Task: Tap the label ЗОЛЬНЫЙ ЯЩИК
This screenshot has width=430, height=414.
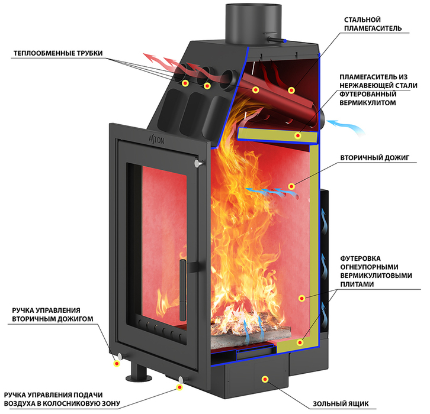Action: [x=341, y=404]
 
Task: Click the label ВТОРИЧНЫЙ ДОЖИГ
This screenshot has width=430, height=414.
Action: [x=375, y=158]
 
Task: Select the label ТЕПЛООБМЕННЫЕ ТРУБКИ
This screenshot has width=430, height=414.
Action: [x=58, y=53]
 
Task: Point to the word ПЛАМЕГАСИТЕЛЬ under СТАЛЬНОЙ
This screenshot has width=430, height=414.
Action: [x=373, y=28]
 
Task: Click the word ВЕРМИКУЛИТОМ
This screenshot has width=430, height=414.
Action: [x=368, y=103]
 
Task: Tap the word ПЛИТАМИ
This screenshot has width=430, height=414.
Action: [x=357, y=284]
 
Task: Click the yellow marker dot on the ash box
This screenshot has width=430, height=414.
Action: [x=265, y=379]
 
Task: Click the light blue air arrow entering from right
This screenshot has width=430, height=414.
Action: [x=346, y=127]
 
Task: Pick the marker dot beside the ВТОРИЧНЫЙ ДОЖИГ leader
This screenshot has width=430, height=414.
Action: [x=291, y=187]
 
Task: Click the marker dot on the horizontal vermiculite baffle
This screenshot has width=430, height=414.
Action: [x=298, y=135]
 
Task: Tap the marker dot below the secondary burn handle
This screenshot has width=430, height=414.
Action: [x=117, y=364]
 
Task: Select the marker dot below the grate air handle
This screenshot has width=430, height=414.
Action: [x=179, y=387]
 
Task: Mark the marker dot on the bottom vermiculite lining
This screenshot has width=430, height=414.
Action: [x=300, y=342]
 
